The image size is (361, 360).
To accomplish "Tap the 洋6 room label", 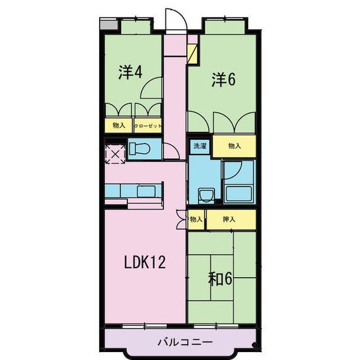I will pyautogui.click(x=223, y=79).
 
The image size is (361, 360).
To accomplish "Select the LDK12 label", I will pyautogui.click(x=145, y=263).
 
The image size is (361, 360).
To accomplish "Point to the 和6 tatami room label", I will pyautogui.click(x=221, y=278).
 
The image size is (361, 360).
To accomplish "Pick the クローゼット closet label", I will pyautogui.click(x=148, y=126).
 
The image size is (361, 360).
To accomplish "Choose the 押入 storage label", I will pyautogui.click(x=228, y=219).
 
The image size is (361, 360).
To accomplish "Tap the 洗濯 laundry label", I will pyautogui.click(x=200, y=146).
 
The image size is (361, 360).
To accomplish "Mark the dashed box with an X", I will pyautogui.click(x=115, y=153).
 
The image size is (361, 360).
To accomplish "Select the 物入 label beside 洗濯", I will pyautogui.click(x=234, y=146).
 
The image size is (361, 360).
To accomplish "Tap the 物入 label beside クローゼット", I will pyautogui.click(x=118, y=126).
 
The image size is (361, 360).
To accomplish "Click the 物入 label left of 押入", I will pyautogui.click(x=196, y=219).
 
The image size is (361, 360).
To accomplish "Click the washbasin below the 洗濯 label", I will pyautogui.click(x=206, y=194).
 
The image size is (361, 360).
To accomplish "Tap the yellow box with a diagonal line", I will pyautogui.click(x=193, y=54).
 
